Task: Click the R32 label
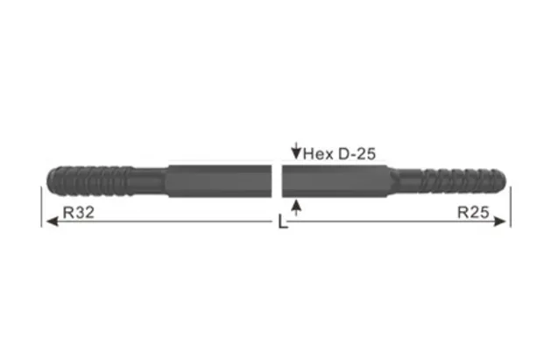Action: pyautogui.click(x=79, y=213)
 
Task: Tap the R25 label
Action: pyautogui.click(x=474, y=213)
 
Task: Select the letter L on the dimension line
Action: pyautogui.click(x=281, y=223)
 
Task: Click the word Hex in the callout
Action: pyautogui.click(x=318, y=153)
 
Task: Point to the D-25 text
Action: pyautogui.click(x=356, y=153)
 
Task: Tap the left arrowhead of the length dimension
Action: pyautogui.click(x=49, y=222)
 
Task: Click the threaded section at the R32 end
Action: pyautogui.click(x=88, y=180)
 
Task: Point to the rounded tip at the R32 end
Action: pyautogui.click(x=47, y=181)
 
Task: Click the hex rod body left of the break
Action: pyautogui.click(x=219, y=181)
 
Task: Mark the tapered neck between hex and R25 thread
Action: pyautogui.click(x=403, y=182)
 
